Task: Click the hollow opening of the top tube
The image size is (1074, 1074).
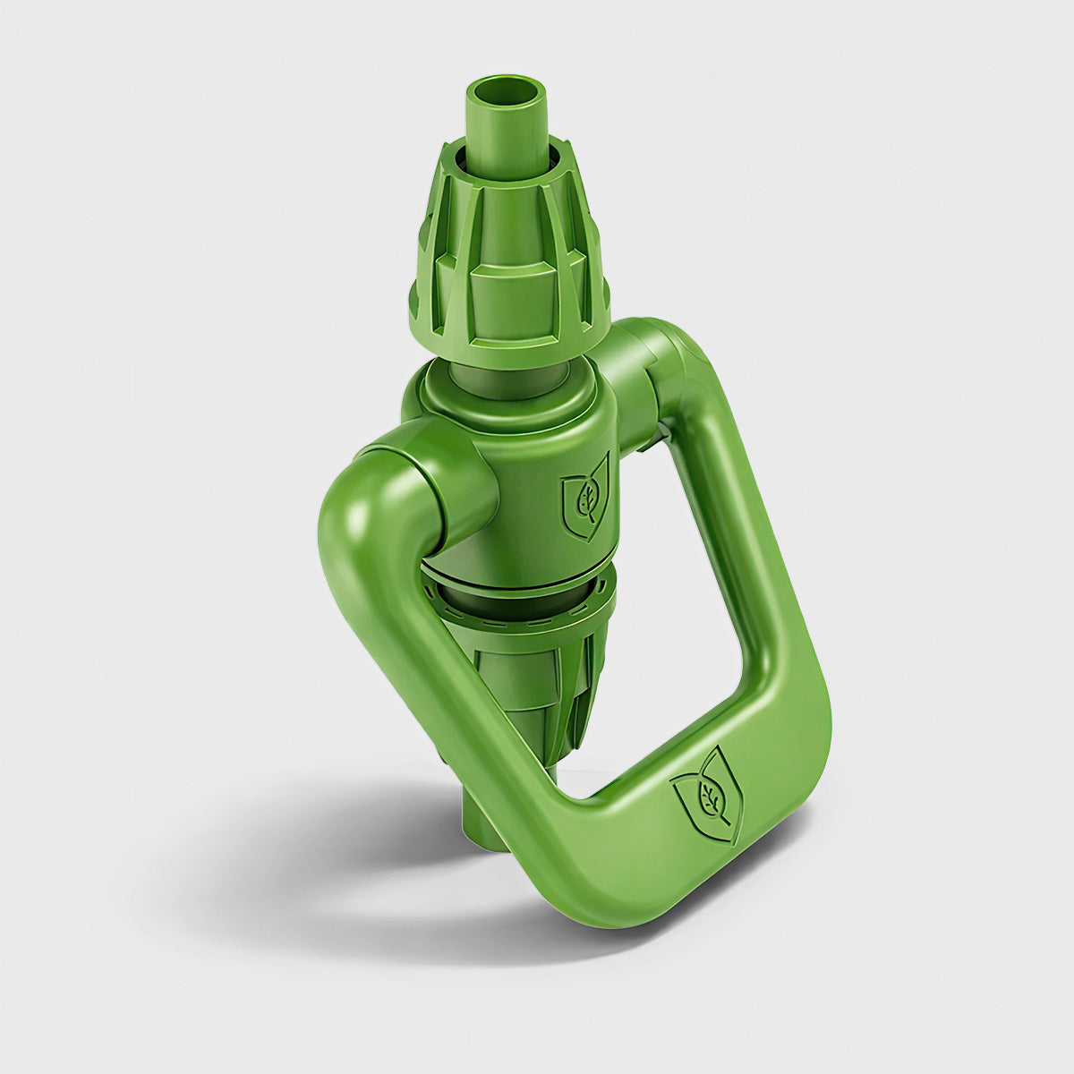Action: tap(507, 93)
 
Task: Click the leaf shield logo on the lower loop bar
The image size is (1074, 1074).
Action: tap(707, 795)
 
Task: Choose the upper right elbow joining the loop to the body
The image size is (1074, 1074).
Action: tap(667, 358)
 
